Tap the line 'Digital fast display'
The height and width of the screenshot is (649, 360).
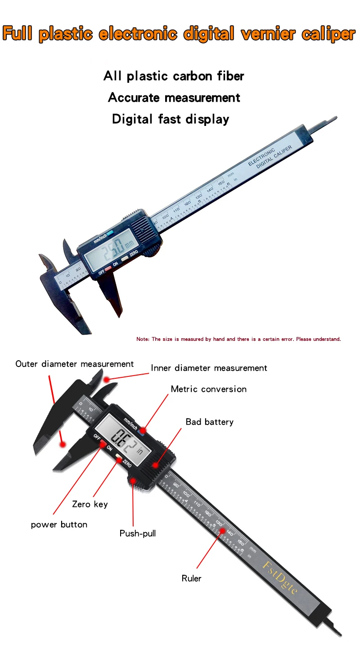click(171, 119)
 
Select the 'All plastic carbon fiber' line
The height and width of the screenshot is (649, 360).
click(174, 76)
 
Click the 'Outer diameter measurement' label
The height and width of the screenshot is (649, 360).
click(74, 364)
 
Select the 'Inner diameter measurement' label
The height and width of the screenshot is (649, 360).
click(209, 368)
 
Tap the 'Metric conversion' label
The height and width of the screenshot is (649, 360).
click(209, 389)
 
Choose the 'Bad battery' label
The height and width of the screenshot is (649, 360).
click(210, 422)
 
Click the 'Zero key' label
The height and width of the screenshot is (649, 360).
click(90, 504)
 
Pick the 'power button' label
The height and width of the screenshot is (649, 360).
click(59, 524)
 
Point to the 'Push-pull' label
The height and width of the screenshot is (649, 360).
click(138, 533)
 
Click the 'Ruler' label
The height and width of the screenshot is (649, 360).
click(192, 578)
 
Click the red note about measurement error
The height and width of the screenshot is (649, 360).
click(238, 339)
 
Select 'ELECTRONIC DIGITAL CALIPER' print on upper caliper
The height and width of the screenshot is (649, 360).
click(270, 157)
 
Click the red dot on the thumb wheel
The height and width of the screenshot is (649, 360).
click(133, 480)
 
